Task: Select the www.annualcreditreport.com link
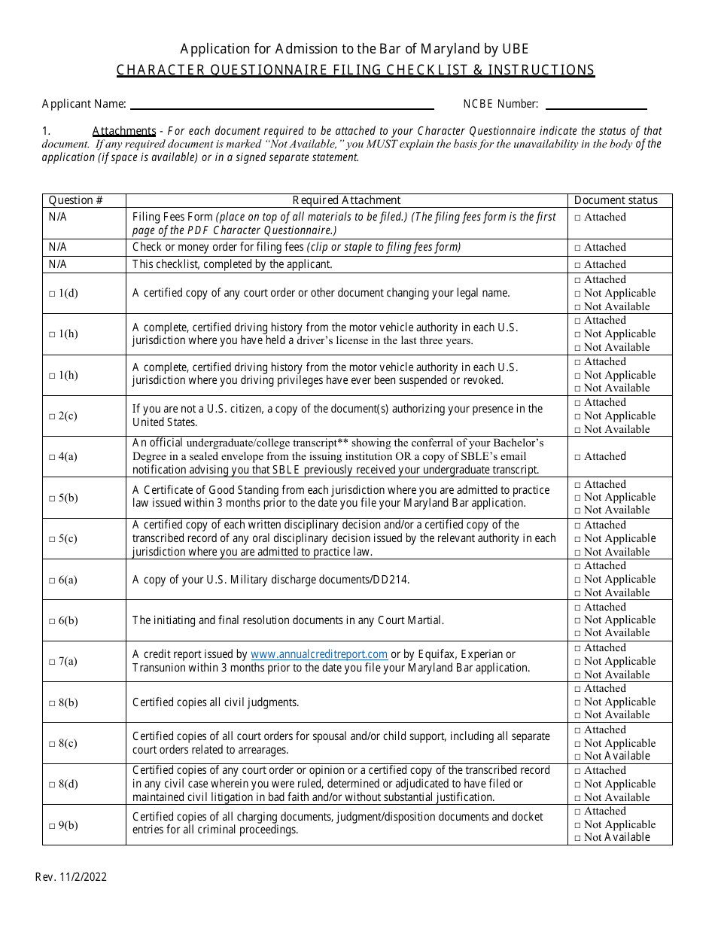318,654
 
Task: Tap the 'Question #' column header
75,200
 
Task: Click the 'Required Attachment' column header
346,200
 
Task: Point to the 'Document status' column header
616,200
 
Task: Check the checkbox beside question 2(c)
52,416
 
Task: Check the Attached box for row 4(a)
578,457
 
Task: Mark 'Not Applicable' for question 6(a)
578,580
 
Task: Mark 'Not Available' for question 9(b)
578,838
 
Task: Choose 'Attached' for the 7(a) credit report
578,648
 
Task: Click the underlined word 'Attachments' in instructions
124,131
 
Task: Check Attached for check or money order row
578,248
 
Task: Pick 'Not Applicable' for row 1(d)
578,294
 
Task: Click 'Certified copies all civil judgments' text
216,702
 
